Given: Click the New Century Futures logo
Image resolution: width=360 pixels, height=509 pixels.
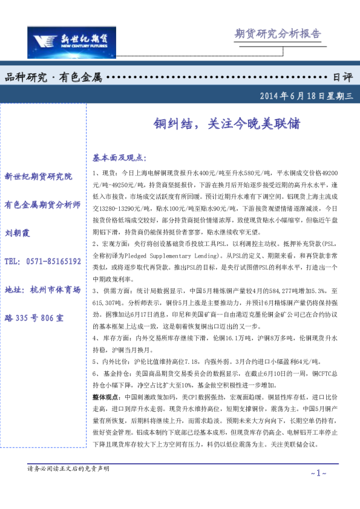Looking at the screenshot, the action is (x=71, y=41).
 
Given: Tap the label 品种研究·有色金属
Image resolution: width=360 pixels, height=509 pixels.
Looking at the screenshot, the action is (x=53, y=77).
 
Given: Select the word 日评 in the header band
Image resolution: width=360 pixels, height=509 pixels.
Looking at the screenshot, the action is (x=342, y=77).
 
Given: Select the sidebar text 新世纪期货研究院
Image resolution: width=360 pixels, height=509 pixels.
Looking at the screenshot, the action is (x=38, y=177).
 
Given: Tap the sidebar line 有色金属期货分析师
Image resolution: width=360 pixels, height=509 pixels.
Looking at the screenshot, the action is (x=42, y=204).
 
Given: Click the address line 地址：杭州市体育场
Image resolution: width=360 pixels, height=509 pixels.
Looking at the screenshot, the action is (x=42, y=290).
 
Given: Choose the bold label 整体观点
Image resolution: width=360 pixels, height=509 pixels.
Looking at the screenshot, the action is (x=106, y=397).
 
